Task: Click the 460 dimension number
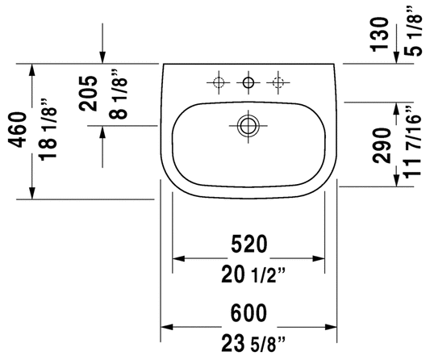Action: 18,129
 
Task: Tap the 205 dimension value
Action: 88,94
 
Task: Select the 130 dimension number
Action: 379,34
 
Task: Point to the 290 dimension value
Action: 382,146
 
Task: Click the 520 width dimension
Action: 248,244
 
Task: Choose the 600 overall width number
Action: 248,313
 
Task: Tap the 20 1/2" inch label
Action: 253,275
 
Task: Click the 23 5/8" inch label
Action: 253,344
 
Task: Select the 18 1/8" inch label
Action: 48,129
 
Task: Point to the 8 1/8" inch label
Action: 119,94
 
